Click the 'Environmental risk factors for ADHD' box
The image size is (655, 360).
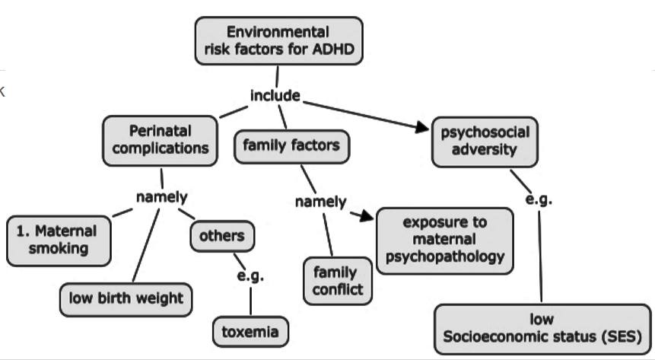(278, 41)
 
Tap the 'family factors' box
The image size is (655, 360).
(291, 145)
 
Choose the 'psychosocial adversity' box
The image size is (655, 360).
(484, 140)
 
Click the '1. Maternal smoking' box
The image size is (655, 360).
(57, 240)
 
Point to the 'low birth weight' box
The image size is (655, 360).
(126, 298)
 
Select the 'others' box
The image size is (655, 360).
(221, 236)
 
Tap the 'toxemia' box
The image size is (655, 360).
(250, 331)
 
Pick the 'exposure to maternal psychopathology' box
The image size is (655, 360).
(445, 240)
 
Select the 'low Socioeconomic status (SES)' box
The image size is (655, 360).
(543, 327)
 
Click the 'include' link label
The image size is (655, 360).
(275, 96)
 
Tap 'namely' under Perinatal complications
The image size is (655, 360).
(161, 197)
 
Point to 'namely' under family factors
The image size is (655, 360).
(320, 202)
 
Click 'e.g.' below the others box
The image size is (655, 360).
(250, 276)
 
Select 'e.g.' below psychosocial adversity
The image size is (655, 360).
(539, 200)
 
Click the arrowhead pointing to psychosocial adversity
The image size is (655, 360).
(423, 128)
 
